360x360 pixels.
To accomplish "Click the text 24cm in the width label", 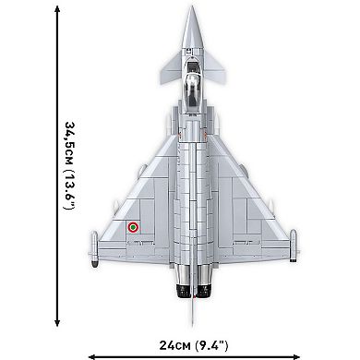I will (x=175, y=346).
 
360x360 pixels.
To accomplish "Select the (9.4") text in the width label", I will (x=222, y=346).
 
